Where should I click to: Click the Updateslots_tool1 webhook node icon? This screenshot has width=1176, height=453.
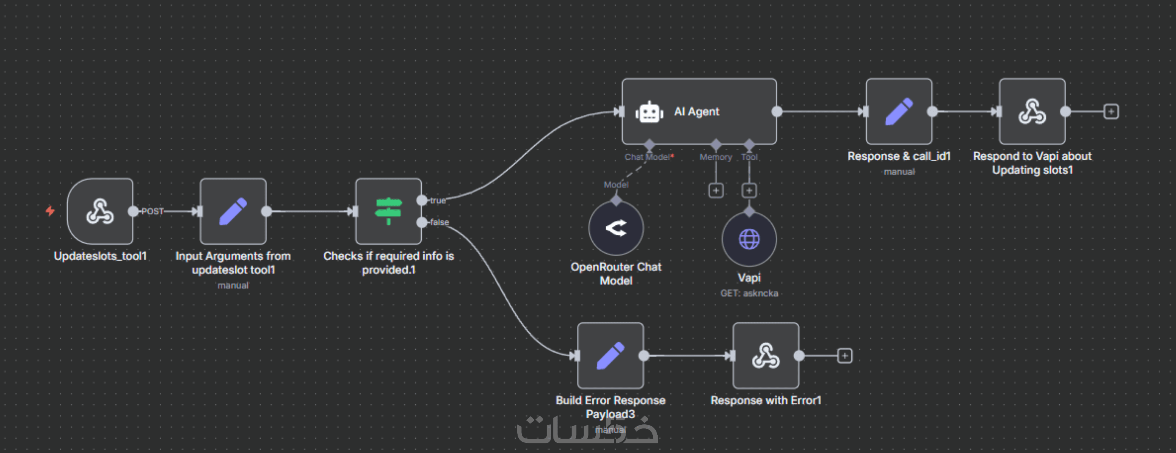(x=100, y=211)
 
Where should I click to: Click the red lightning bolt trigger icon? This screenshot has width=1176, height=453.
(x=50, y=211)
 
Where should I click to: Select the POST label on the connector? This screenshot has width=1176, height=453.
(x=152, y=211)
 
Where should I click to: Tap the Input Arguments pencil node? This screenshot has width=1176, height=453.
(x=233, y=211)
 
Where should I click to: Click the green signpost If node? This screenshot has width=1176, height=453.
(x=388, y=211)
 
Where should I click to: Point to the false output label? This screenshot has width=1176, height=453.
(x=439, y=222)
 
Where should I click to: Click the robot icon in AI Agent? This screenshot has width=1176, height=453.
(x=649, y=112)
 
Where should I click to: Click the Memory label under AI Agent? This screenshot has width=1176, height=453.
(x=715, y=157)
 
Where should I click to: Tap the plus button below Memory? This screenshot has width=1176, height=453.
(x=716, y=190)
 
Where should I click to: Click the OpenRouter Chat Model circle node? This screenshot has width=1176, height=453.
(x=616, y=228)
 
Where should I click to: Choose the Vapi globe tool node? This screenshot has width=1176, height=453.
(x=749, y=239)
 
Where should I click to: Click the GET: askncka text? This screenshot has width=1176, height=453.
(x=749, y=293)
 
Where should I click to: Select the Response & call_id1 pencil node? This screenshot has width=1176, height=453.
(x=899, y=111)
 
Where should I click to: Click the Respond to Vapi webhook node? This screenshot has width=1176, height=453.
(x=1032, y=111)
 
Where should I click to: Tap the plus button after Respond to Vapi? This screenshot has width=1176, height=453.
(x=1111, y=111)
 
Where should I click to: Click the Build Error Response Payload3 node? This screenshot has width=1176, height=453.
(x=610, y=356)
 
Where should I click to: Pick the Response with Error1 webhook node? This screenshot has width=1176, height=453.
(x=766, y=356)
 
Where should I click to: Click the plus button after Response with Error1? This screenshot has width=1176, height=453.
(x=845, y=356)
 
